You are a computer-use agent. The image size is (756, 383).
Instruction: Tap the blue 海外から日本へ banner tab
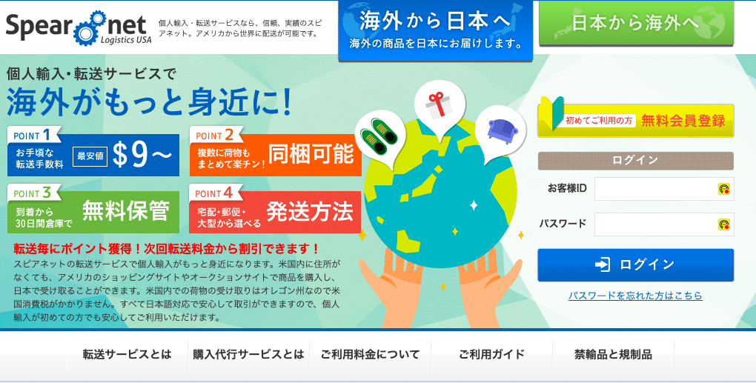tap(435, 30)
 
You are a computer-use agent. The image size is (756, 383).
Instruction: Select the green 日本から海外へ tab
tap(636, 23)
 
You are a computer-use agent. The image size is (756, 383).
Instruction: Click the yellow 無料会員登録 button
tap(636, 121)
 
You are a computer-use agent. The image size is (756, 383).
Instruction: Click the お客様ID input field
tap(664, 189)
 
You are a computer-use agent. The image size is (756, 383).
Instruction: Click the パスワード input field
tap(664, 224)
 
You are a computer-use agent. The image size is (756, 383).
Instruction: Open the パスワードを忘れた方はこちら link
tap(635, 296)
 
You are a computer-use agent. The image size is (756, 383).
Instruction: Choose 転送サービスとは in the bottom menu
tap(127, 355)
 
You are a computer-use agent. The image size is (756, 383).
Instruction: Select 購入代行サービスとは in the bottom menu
tap(248, 355)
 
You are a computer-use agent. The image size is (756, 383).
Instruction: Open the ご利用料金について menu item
tap(370, 355)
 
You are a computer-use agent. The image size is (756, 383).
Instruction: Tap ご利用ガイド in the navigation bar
tap(491, 355)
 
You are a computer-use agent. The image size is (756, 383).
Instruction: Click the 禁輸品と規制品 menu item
tap(613, 355)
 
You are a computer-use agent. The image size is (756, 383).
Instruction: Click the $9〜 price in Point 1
tap(142, 155)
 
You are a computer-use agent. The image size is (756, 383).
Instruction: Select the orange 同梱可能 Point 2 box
tap(275, 152)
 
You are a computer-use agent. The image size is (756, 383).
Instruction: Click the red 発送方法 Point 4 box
tap(275, 210)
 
